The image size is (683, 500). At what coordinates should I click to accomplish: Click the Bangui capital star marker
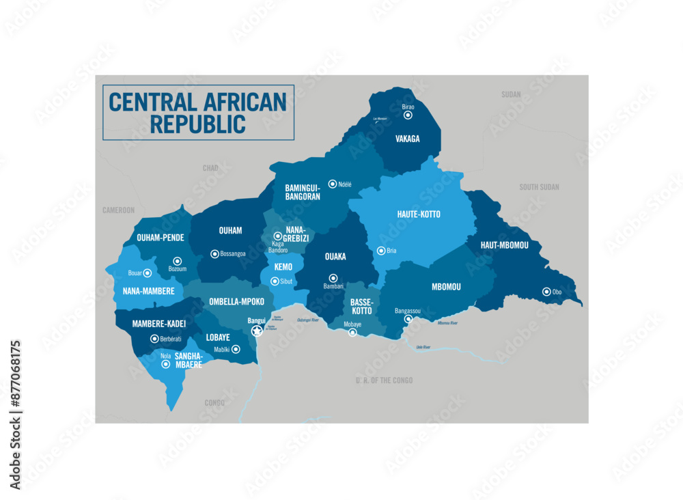click(x=257, y=331)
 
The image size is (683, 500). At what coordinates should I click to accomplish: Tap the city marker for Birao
click(x=408, y=115)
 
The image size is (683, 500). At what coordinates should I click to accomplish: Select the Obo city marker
click(x=546, y=292)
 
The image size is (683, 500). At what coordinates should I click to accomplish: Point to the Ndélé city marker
click(x=332, y=184)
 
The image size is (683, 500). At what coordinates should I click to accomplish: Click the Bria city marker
click(x=381, y=251)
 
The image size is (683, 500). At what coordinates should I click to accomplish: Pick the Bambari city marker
click(x=333, y=278)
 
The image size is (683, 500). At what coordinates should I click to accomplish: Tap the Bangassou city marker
click(x=408, y=319)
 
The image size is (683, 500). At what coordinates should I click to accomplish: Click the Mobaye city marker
click(x=352, y=333)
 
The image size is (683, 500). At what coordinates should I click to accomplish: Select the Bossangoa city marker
click(x=214, y=254)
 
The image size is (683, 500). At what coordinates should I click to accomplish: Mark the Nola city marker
click(x=165, y=365)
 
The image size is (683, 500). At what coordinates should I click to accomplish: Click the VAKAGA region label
click(x=408, y=139)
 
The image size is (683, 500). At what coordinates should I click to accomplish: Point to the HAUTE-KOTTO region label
click(x=419, y=214)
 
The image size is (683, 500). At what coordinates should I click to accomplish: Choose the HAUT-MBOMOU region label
click(x=500, y=245)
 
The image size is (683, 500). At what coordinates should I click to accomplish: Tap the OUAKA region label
click(x=335, y=257)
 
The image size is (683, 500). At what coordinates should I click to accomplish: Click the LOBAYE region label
click(x=218, y=337)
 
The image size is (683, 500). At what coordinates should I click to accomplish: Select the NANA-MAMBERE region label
click(x=149, y=291)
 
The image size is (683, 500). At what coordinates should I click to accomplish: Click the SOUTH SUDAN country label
click(x=539, y=187)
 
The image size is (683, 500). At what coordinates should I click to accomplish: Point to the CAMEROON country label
click(x=118, y=210)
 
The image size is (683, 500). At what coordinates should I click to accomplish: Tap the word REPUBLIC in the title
click(x=198, y=125)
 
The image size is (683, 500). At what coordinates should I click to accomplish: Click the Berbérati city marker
click(x=154, y=339)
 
